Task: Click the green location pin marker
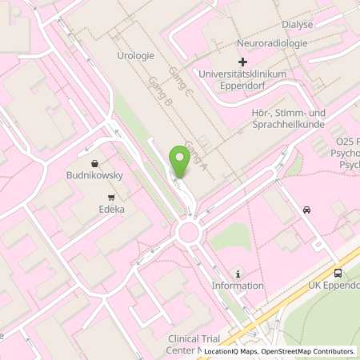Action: tap(180, 162)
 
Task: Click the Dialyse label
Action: tap(297, 25)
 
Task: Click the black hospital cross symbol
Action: tap(243, 62)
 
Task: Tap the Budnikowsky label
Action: tap(95, 174)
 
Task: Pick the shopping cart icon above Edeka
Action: tap(111, 197)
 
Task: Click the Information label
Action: tap(238, 286)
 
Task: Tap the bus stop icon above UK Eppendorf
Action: tap(337, 273)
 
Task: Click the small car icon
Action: tap(306, 210)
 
